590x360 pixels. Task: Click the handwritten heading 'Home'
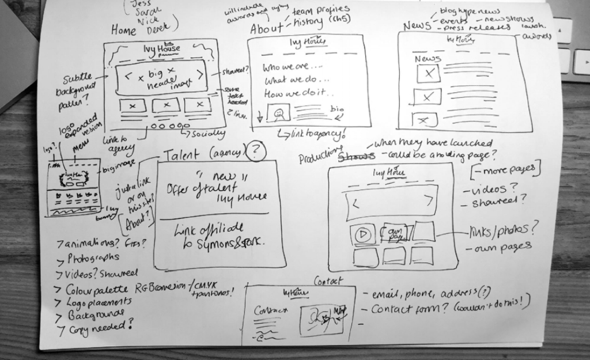tap(124, 29)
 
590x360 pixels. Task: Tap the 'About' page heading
tap(267, 28)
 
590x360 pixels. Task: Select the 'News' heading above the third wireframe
tap(417, 25)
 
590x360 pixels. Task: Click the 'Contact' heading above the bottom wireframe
tap(327, 281)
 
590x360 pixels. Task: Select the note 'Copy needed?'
tap(98, 328)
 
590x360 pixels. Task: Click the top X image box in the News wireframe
tap(428, 74)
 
